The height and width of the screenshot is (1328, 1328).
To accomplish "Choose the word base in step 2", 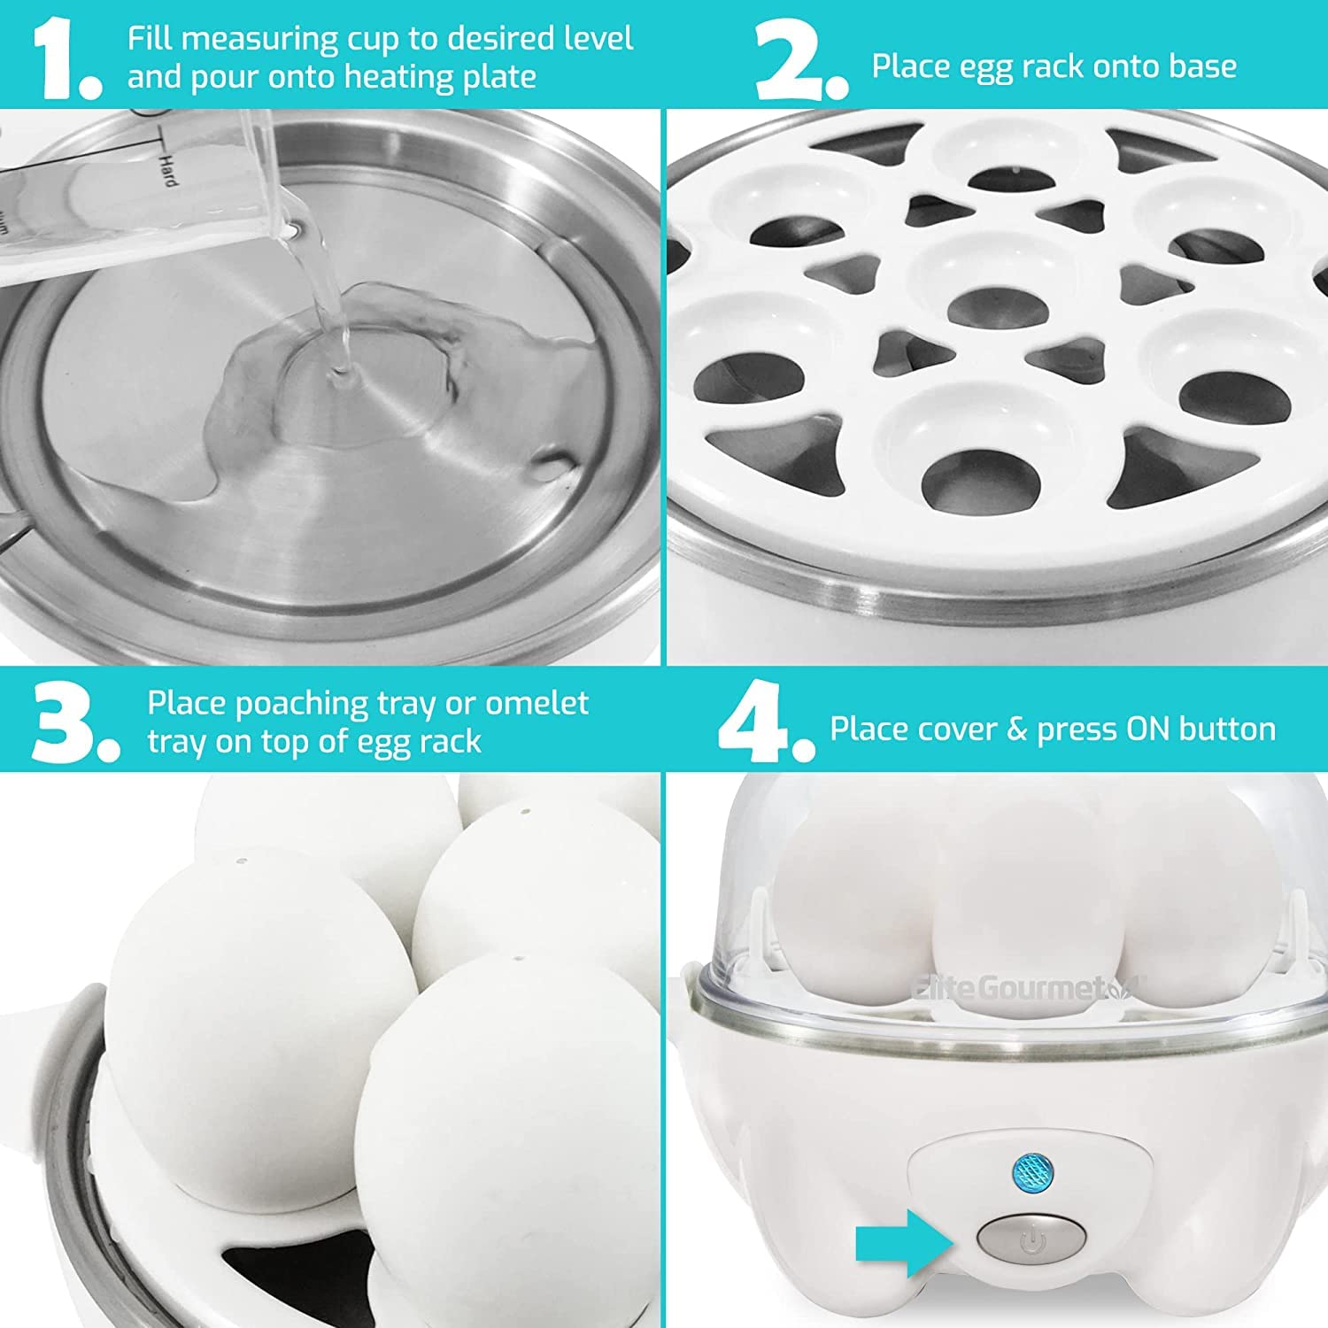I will point(1201,66).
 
